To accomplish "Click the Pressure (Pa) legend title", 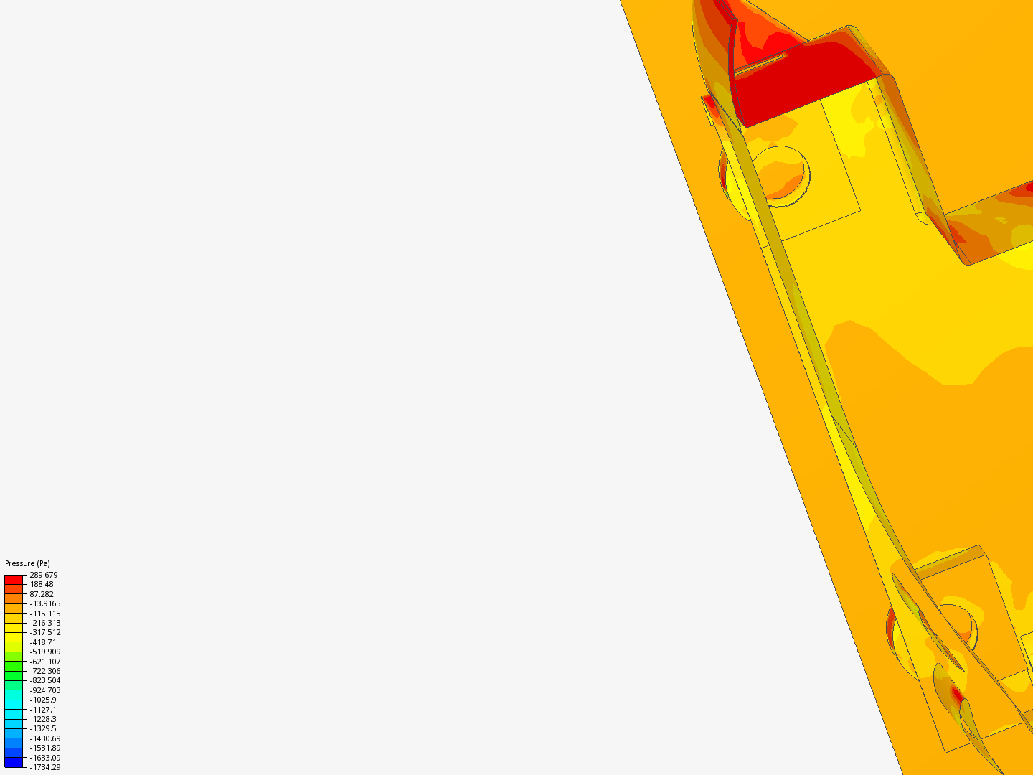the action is pyautogui.click(x=27, y=563).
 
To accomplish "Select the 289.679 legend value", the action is pyautogui.click(x=43, y=575).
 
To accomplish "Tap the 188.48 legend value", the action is pyautogui.click(x=42, y=584).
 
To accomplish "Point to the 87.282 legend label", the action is pyautogui.click(x=42, y=594).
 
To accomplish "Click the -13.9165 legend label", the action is pyautogui.click(x=45, y=603).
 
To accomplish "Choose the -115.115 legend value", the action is pyautogui.click(x=45, y=614).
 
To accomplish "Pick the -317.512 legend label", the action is pyautogui.click(x=45, y=632).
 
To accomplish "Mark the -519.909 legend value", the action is pyautogui.click(x=45, y=652).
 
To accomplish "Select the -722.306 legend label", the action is pyautogui.click(x=45, y=671).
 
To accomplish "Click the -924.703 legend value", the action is pyautogui.click(x=45, y=690).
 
